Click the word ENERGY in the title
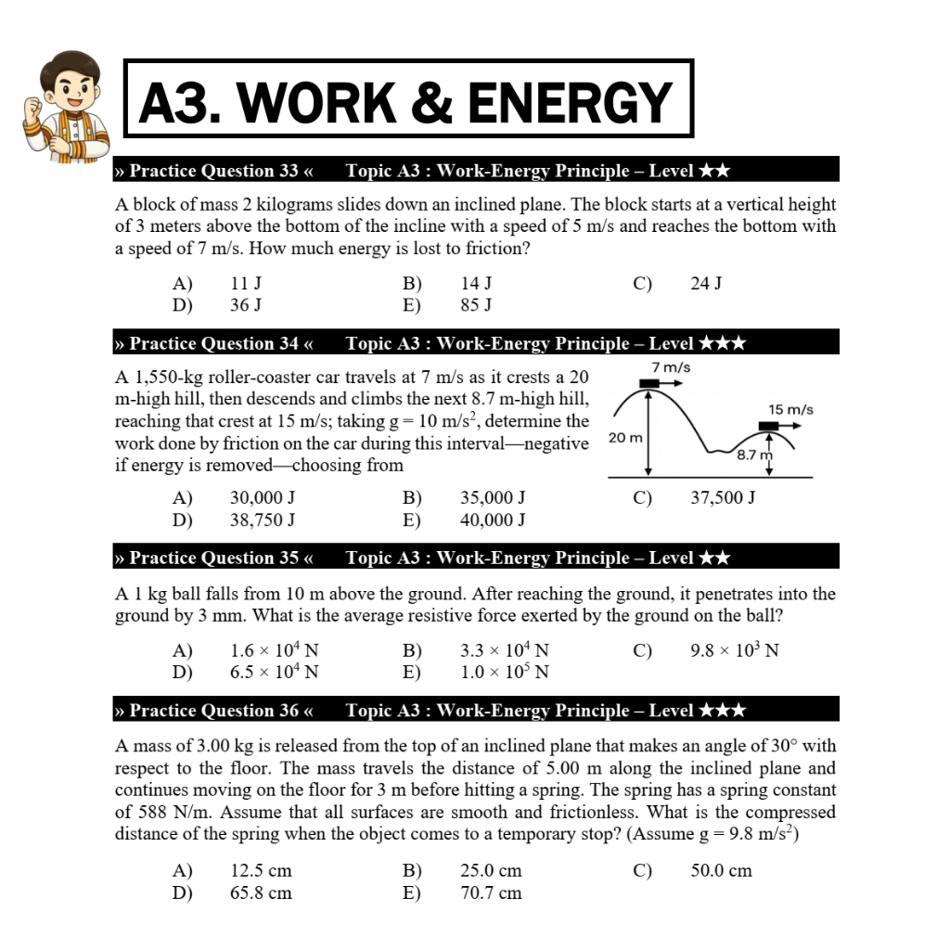[x=570, y=102]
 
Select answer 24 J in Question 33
[x=706, y=283]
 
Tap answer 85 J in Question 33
[x=476, y=305]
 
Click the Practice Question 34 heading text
[x=214, y=343]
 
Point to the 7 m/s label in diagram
[x=671, y=367]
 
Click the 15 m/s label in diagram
[x=790, y=409]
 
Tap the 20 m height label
[x=625, y=437]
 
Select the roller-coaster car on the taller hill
[x=648, y=382]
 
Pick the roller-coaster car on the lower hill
[x=768, y=425]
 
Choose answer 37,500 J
[x=723, y=497]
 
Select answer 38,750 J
[x=263, y=520]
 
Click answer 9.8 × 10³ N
[x=734, y=649]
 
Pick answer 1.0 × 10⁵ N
[x=504, y=672]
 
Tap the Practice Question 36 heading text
[x=214, y=711]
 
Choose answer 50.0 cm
[x=721, y=870]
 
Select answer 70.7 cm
[x=491, y=892]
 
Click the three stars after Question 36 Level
[x=722, y=711]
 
